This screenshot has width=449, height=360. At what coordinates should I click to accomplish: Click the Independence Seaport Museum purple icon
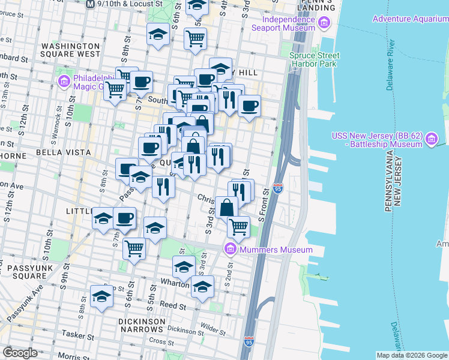(324, 23)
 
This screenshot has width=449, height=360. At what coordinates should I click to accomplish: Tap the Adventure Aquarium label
(410, 19)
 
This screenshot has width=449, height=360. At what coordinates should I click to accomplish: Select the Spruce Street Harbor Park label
(314, 60)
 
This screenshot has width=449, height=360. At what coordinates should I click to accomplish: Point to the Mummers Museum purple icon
(231, 249)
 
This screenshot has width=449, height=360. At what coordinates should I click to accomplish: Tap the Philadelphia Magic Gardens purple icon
(63, 80)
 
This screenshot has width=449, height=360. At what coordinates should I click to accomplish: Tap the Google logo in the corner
(20, 353)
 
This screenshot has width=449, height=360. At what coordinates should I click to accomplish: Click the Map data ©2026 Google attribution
(411, 355)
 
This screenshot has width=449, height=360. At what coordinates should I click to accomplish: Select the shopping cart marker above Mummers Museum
(238, 226)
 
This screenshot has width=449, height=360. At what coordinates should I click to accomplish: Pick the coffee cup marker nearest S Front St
(249, 106)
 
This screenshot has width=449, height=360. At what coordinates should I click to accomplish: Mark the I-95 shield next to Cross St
(249, 342)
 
